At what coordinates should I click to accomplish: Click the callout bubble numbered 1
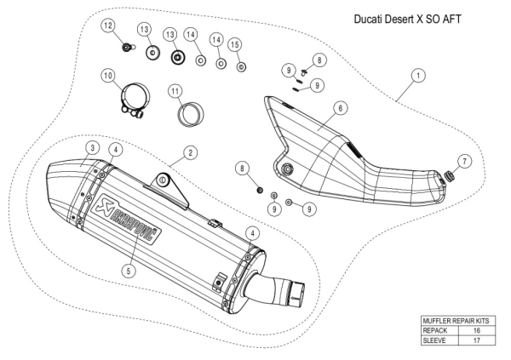418,75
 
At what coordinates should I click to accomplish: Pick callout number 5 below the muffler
127,272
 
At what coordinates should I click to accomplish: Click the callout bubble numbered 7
462,161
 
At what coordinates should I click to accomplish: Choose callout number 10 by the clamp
108,76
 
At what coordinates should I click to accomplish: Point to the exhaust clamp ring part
132,103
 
